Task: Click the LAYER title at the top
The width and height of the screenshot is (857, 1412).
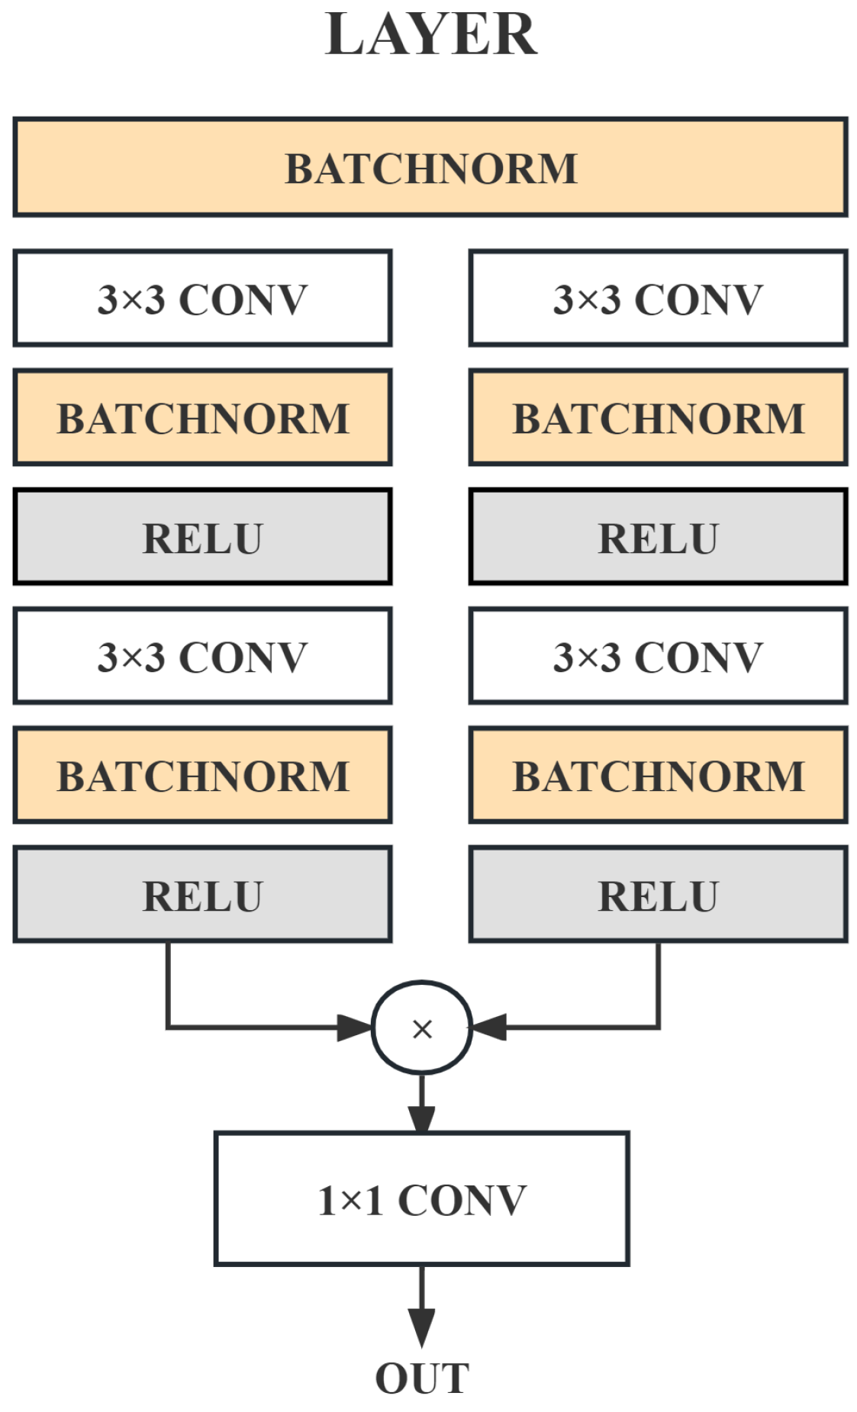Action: click(x=430, y=35)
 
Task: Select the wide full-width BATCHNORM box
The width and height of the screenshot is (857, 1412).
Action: click(x=430, y=168)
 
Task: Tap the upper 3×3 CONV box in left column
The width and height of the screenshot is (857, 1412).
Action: click(x=202, y=298)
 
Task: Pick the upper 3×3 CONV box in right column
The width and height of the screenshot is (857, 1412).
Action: click(x=658, y=298)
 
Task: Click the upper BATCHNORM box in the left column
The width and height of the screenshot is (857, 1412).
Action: click(x=202, y=418)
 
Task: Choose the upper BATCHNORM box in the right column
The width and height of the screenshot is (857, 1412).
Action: click(x=658, y=418)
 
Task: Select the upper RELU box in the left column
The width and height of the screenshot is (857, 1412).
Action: click(x=202, y=537)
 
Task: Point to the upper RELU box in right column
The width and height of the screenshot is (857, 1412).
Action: click(x=658, y=537)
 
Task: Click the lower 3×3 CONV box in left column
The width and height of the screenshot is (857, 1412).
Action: click(x=202, y=656)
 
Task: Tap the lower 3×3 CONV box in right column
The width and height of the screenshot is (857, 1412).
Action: click(x=658, y=656)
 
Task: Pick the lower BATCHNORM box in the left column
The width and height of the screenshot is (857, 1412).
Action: click(x=202, y=775)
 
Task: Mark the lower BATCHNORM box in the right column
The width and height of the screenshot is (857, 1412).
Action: click(x=658, y=775)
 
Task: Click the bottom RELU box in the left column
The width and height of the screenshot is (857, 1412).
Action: click(x=202, y=895)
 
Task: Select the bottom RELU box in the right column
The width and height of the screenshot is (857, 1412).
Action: click(x=658, y=895)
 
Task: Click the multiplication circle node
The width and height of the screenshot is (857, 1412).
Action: click(x=422, y=1028)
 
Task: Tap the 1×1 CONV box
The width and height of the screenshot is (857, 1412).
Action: click(x=422, y=1199)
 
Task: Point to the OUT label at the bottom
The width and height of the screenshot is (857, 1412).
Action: click(x=422, y=1378)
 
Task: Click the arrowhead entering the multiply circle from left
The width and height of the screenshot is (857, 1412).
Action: click(x=355, y=1028)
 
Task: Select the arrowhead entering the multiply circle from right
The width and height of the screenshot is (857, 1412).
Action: click(x=489, y=1028)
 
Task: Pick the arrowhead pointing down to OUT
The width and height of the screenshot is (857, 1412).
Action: click(x=422, y=1326)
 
